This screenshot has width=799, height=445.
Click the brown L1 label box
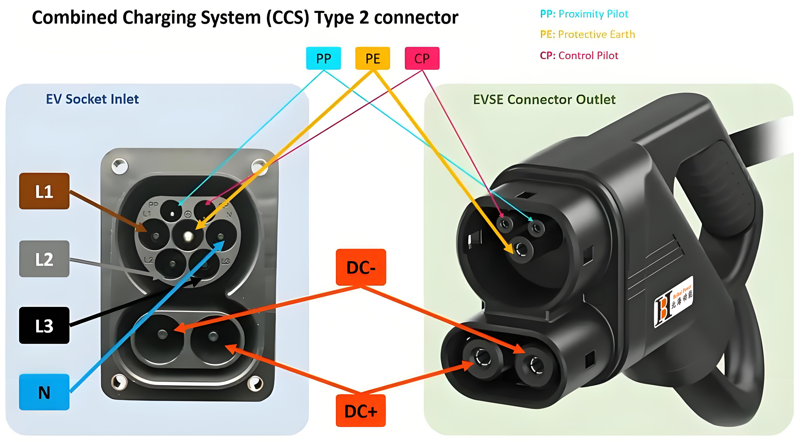[x=44, y=191]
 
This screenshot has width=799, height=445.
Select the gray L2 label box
[x=44, y=259]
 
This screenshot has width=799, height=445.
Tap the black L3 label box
[x=44, y=325]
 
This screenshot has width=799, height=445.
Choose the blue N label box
[x=44, y=392]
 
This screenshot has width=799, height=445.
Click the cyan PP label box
[x=323, y=58]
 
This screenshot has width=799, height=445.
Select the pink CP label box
[x=422, y=58]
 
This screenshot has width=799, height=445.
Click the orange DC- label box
[x=361, y=267]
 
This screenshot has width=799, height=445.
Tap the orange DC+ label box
[x=361, y=411]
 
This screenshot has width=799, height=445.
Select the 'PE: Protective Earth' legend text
[x=587, y=34]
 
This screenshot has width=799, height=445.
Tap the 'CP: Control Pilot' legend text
[x=579, y=56]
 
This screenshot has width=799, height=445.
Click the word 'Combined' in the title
[x=74, y=18]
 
